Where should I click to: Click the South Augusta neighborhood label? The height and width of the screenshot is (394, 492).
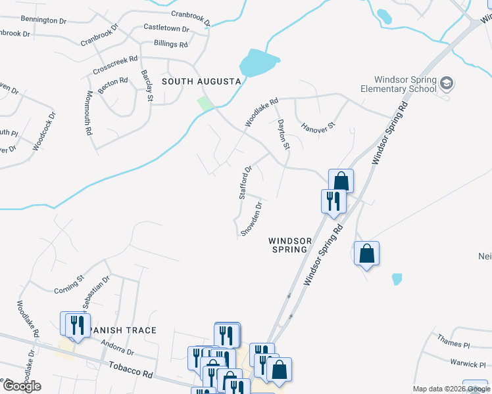pos(201,81)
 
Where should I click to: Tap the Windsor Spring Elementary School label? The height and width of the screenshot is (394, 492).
pos(399,84)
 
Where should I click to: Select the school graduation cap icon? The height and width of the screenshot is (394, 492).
pos(447,83)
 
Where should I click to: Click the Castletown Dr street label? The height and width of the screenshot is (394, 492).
pos(166,29)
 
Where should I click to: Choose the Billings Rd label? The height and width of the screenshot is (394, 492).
pos(170,44)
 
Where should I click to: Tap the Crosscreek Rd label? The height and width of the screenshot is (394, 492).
pos(115,64)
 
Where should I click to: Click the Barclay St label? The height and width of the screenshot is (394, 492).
pos(147,86)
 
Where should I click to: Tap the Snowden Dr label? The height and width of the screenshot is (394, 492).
pos(252,219)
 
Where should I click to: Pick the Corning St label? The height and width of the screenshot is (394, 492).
pos(69,284)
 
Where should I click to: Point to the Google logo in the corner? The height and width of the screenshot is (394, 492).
pos(22,386)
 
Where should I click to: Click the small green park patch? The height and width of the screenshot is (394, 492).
pos(206,104)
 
